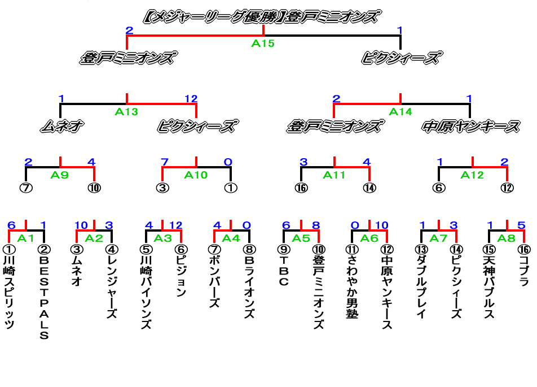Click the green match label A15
coord(263,44)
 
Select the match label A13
coord(126,112)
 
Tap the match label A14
coord(400,112)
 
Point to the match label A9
coord(59,175)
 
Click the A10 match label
coord(196,175)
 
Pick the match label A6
coord(369,238)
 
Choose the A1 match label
coord(26,238)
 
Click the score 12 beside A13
coord(191,99)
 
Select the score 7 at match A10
coord(165,162)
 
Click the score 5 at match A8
coord(522,225)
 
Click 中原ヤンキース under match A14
coord(470,127)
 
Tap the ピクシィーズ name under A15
coord(400,58)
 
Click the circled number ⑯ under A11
coord(301,188)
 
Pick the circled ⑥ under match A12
coord(439,188)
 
